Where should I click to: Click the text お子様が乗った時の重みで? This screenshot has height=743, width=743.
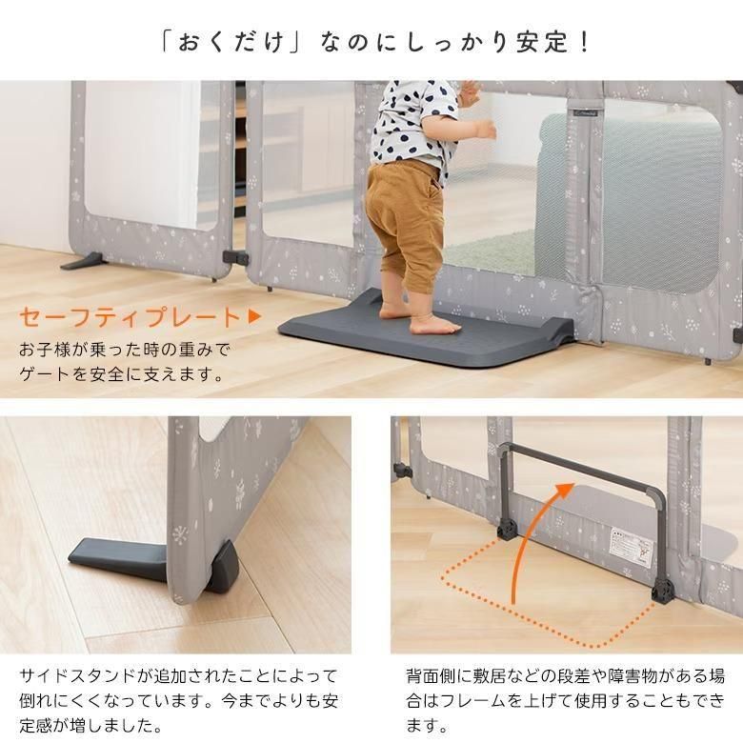pyautogui.click(x=125, y=349)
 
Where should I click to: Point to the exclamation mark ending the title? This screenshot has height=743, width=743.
pyautogui.click(x=582, y=43)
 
